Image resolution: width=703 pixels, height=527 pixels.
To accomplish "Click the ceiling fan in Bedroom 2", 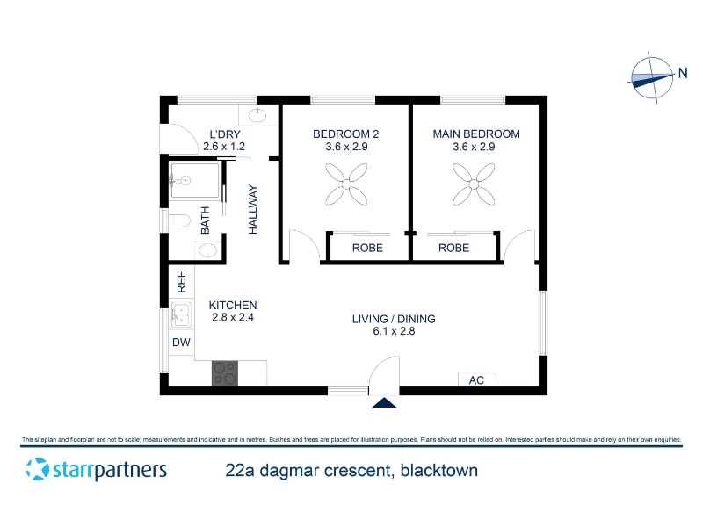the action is coord(346,184).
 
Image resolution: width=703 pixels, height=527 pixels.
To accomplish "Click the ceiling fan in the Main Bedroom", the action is coord(474,184).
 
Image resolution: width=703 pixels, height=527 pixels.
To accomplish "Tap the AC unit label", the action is coord(476,380).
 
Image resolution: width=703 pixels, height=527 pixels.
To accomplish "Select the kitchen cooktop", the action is coord(225,373).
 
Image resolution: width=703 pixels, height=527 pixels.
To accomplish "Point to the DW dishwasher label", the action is coord(181,343).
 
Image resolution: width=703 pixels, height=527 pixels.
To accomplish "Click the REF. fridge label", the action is coord(181,281).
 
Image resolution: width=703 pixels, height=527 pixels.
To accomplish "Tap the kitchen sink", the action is coord(181,314).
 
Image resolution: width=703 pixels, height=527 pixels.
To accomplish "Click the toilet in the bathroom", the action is coord(179,220).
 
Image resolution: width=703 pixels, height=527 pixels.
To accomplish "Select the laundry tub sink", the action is coord(257,116).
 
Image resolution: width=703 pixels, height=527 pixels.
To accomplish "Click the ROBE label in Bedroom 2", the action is coord(367,248).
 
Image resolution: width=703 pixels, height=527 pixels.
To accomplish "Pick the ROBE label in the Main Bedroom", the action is coord(453,248).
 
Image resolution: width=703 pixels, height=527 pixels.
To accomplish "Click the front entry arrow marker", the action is coord(384,403).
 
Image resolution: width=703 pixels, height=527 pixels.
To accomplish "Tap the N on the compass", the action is coord(683,73).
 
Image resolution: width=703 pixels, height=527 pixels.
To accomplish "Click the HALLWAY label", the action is coord(253,209).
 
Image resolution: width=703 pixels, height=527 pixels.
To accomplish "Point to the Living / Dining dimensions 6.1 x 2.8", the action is coord(394,331).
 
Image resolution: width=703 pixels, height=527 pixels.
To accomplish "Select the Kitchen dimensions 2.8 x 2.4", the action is coord(233,317).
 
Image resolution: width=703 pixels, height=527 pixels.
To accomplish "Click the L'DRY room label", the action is coord(225,134).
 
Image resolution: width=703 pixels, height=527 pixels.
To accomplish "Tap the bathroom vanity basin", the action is coord(207,250).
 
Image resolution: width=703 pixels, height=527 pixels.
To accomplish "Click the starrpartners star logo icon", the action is coord(37,469).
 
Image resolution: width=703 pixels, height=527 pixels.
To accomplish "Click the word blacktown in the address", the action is coord(438,471).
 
